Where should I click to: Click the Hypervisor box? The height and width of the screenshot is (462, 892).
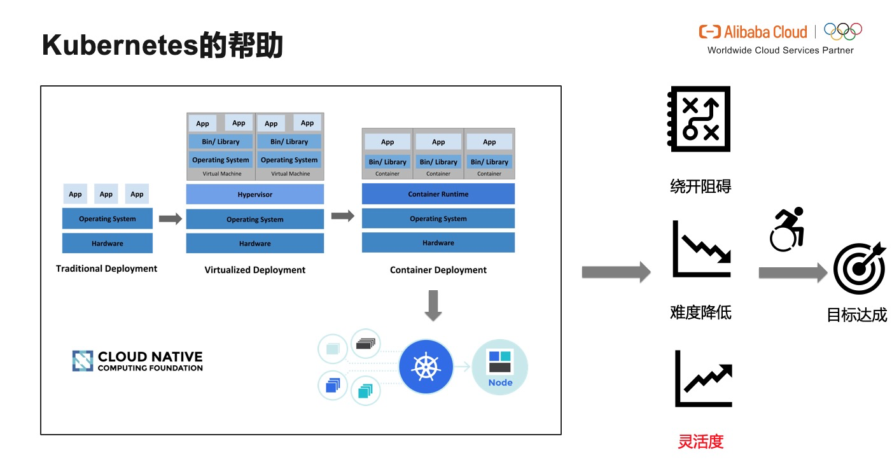(255, 194)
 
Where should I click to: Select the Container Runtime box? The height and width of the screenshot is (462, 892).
(438, 194)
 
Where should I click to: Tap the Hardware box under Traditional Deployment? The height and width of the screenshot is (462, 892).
(108, 243)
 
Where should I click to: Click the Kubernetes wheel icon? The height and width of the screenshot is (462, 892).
(426, 367)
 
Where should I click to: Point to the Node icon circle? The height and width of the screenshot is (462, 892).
(500, 367)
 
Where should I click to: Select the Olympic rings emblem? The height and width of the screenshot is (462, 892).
(842, 31)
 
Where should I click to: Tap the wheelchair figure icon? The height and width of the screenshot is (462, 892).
(788, 229)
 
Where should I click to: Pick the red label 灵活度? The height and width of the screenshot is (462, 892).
(700, 441)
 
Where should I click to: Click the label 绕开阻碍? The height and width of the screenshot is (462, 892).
(700, 186)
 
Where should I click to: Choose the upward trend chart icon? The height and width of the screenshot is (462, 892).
(704, 379)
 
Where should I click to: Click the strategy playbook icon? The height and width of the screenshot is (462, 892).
(699, 119)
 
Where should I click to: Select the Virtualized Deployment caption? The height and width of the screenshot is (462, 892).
(255, 270)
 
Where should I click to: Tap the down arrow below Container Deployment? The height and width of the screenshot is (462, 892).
(433, 305)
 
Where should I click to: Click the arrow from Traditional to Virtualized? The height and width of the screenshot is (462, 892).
(170, 219)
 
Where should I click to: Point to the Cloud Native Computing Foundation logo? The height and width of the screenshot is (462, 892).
(137, 361)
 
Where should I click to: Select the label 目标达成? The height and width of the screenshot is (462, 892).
(856, 315)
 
